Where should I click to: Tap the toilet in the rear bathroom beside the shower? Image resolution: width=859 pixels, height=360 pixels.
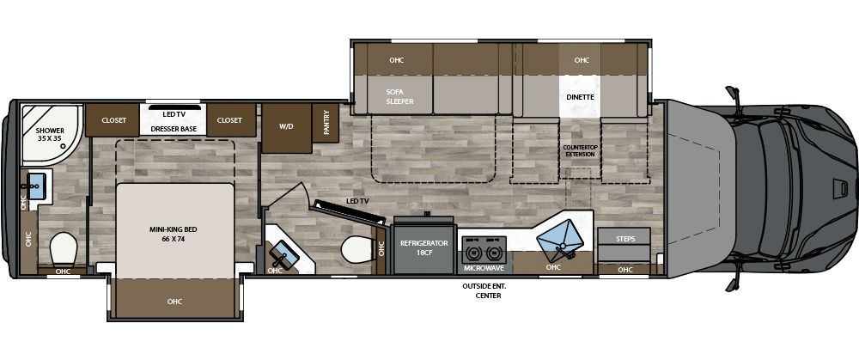point(63,249)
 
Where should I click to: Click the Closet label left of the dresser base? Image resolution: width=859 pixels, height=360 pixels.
point(114,120)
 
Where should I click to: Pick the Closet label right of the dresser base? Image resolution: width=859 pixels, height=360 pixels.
point(229,120)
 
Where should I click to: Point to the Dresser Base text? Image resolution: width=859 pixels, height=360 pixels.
point(174,129)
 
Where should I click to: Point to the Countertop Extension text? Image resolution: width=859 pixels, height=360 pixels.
point(579,150)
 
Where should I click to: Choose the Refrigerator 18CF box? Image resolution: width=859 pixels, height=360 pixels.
point(424,248)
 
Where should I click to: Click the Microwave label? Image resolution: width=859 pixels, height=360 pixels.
point(484,268)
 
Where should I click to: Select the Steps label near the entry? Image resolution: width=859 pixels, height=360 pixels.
point(624,238)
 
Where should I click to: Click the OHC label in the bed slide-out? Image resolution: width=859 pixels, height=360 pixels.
point(175,301)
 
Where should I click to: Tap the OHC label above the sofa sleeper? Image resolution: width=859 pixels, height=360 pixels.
point(396,60)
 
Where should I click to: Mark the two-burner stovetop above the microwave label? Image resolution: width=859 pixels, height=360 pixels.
point(483,250)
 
